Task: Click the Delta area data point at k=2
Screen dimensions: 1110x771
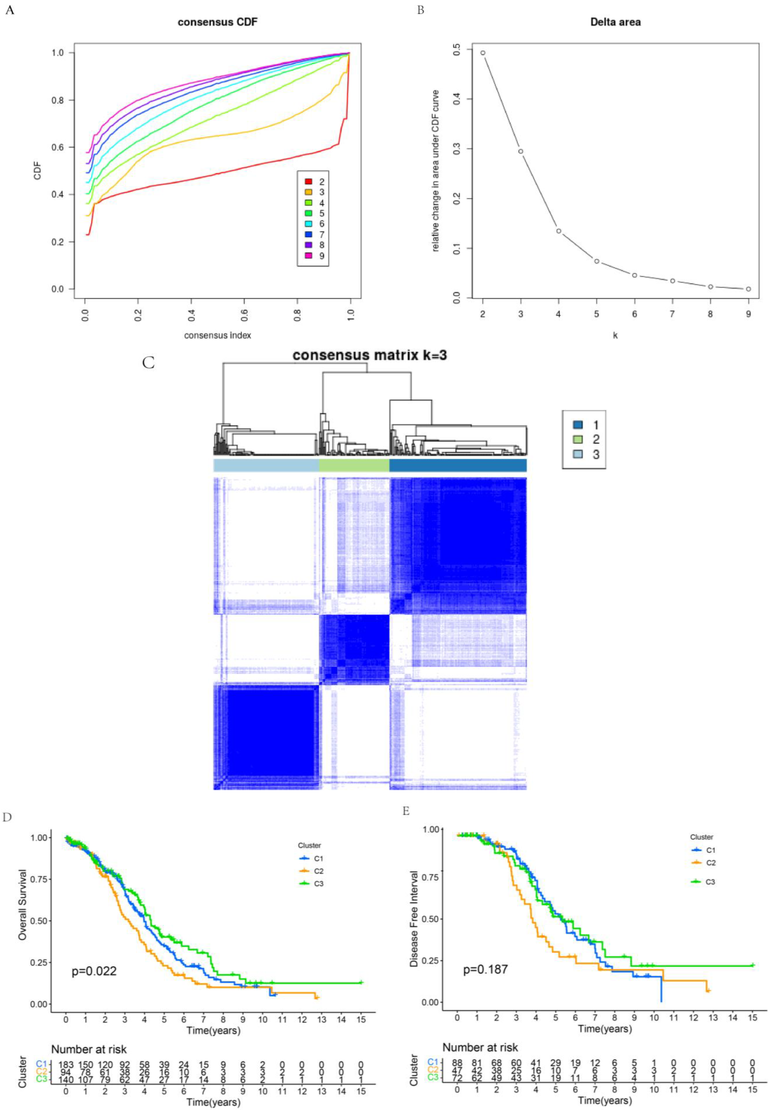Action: click(x=483, y=53)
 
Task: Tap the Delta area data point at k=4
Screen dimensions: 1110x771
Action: click(x=558, y=231)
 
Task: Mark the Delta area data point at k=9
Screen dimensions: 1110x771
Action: click(x=748, y=289)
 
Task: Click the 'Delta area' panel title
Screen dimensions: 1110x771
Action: click(x=615, y=22)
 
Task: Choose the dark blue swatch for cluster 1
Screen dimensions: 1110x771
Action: click(x=578, y=425)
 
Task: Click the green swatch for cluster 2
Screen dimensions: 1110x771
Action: click(x=578, y=439)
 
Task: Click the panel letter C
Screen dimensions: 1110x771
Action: click(x=148, y=363)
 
